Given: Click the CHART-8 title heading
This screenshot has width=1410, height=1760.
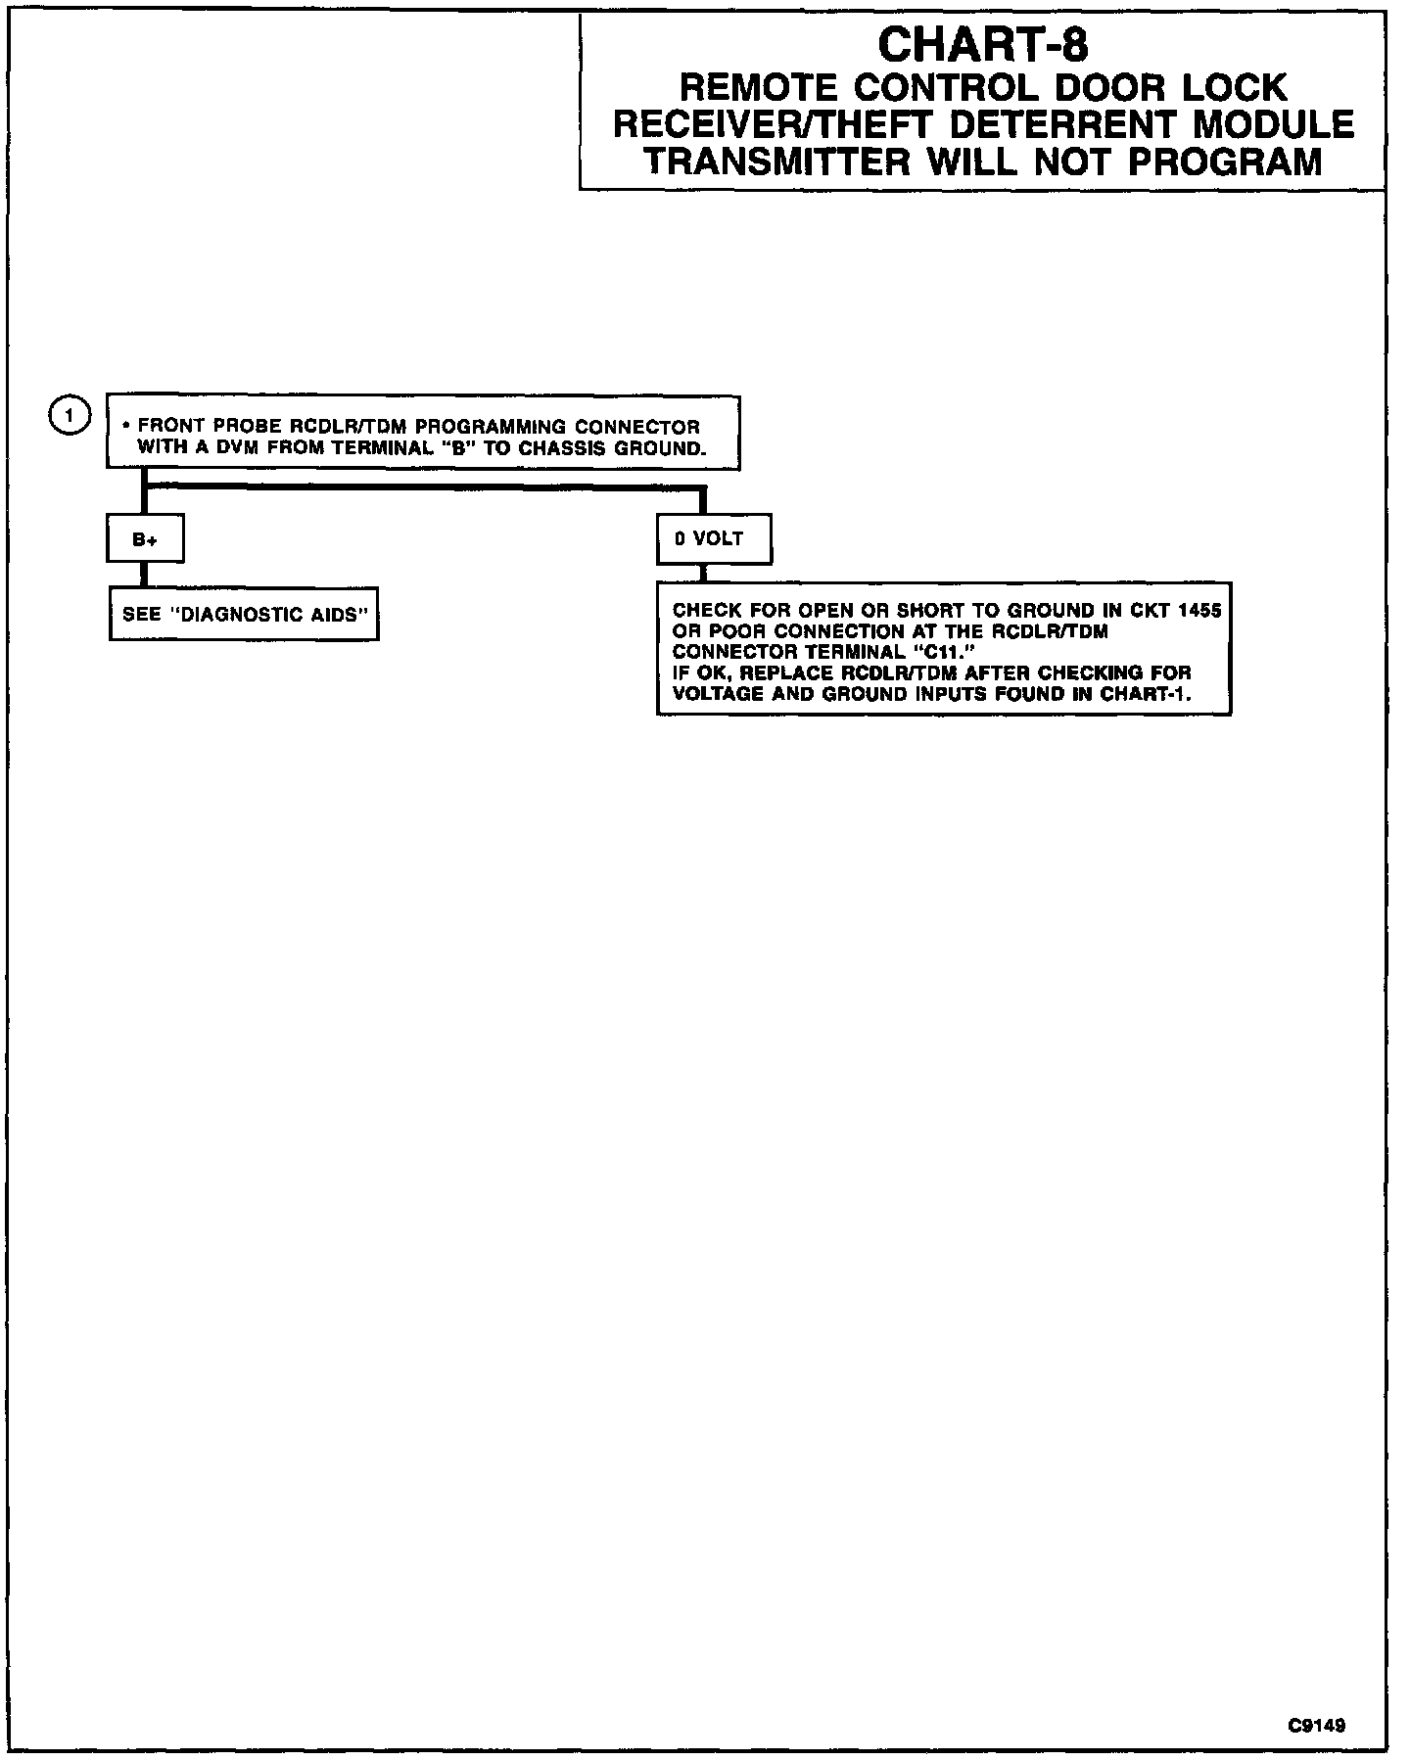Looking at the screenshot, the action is tap(982, 45).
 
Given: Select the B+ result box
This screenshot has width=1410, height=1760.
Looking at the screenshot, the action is tap(145, 539).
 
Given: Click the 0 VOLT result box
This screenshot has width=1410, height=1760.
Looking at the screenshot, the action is tap(714, 539).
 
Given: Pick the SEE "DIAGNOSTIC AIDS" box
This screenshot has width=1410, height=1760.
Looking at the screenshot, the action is tap(244, 615).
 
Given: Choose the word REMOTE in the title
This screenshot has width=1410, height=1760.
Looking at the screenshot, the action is tap(758, 88).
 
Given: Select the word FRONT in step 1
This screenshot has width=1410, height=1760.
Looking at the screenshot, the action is tap(168, 428).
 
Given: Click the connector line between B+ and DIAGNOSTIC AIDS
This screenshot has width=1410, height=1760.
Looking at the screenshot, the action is tap(145, 576).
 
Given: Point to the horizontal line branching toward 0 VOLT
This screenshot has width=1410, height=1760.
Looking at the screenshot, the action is tap(421, 486).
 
